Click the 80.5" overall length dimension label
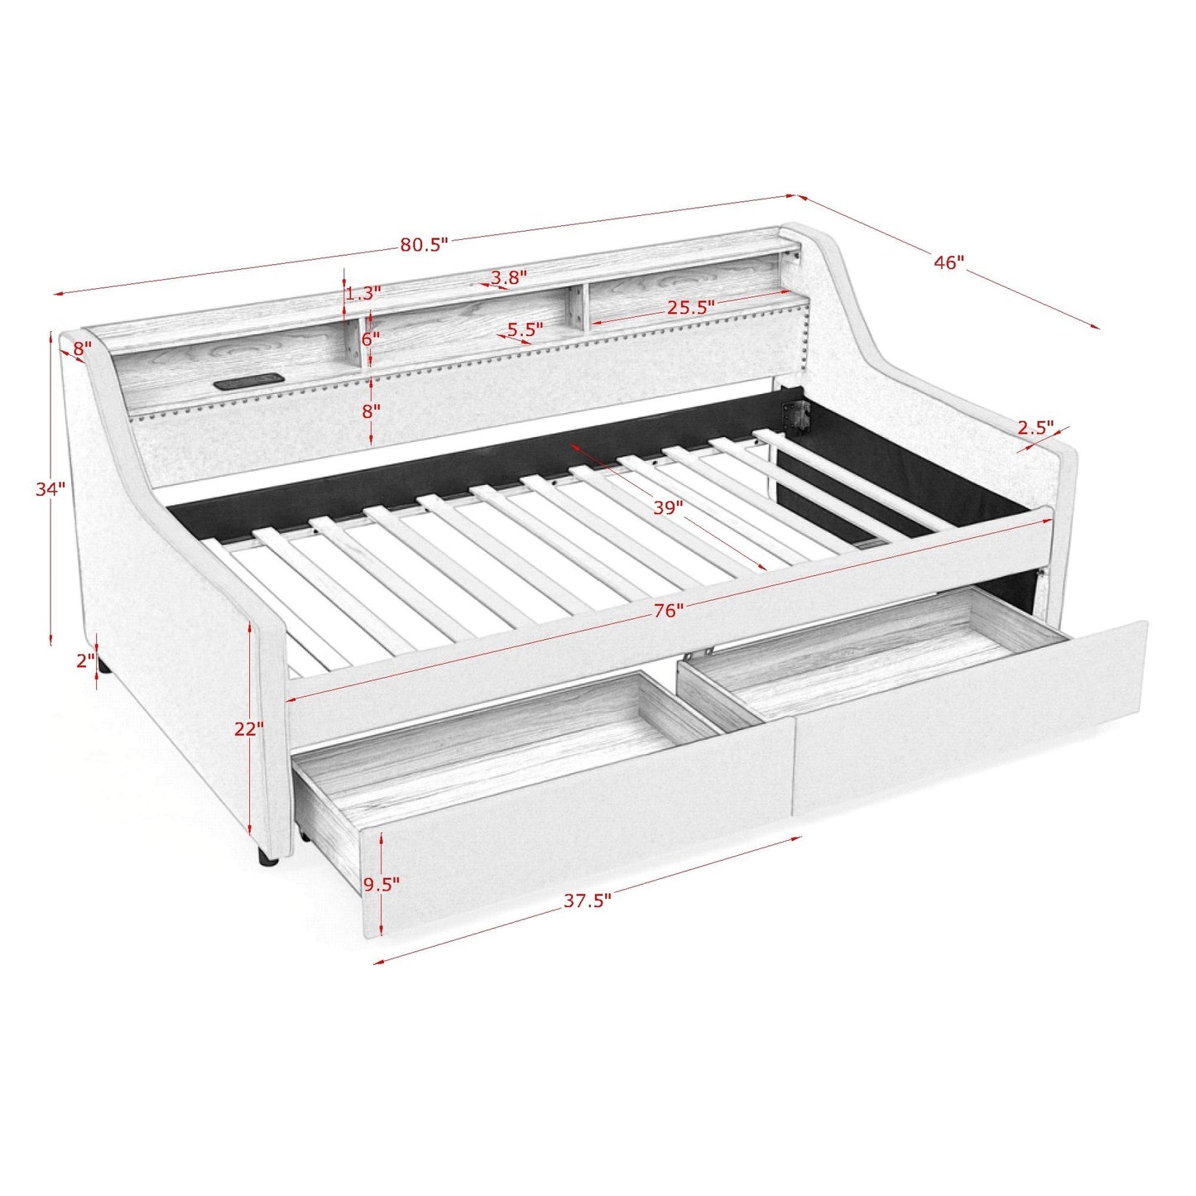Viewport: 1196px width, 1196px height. coord(423,244)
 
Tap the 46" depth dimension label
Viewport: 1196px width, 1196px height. coord(949,262)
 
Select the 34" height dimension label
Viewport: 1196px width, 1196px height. coord(50,488)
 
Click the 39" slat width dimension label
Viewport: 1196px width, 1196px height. coord(668,507)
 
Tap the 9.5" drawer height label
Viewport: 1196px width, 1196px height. coord(381,884)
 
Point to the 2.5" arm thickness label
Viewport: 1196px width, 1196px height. coord(1036,428)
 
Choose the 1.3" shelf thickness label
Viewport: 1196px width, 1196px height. coord(363,293)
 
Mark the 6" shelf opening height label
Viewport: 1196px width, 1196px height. coord(371,339)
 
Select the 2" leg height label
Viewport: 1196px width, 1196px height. coord(85,661)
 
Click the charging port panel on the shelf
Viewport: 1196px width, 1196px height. coord(248,383)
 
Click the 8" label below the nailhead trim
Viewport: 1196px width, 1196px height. coord(371,411)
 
